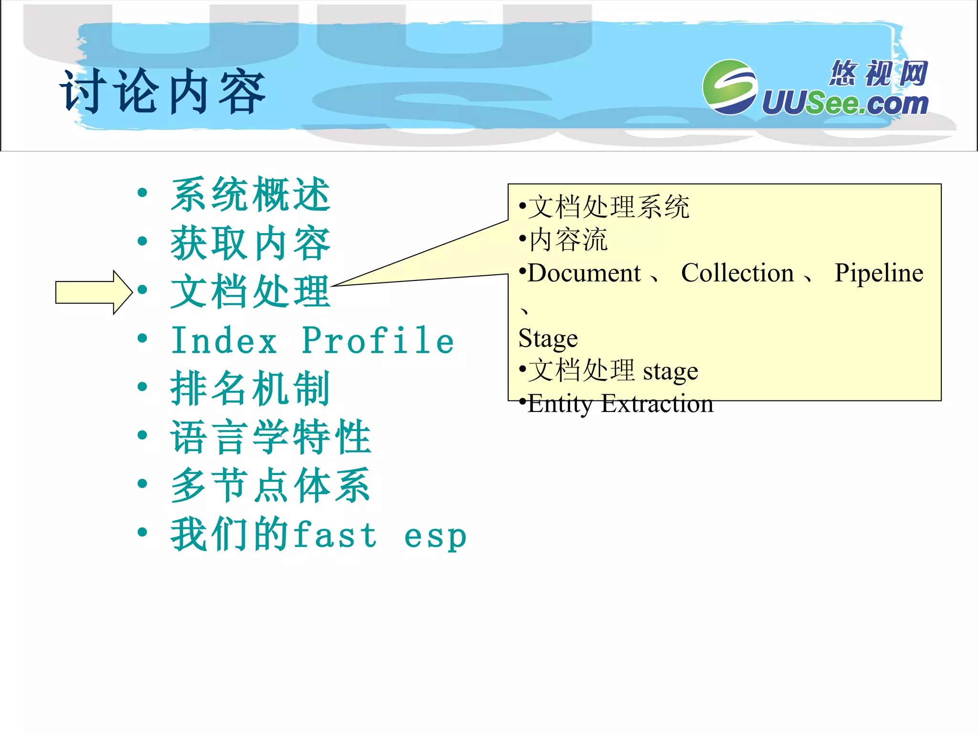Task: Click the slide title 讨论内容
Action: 162,92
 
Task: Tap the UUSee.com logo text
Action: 844,103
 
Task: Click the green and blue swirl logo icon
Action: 730,87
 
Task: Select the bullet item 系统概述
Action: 250,194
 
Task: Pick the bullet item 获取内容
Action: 250,243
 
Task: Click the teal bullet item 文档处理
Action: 250,292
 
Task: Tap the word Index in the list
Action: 224,341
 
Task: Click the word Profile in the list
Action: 378,341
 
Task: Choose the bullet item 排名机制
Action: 250,389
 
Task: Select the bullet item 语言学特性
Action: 271,437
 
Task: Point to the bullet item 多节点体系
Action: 271,486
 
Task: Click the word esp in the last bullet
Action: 435,536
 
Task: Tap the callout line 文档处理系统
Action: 608,207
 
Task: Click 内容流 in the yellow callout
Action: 568,240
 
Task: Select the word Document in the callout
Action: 584,273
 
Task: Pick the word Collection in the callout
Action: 737,273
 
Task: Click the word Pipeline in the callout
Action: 879,273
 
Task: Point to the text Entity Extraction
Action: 620,404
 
